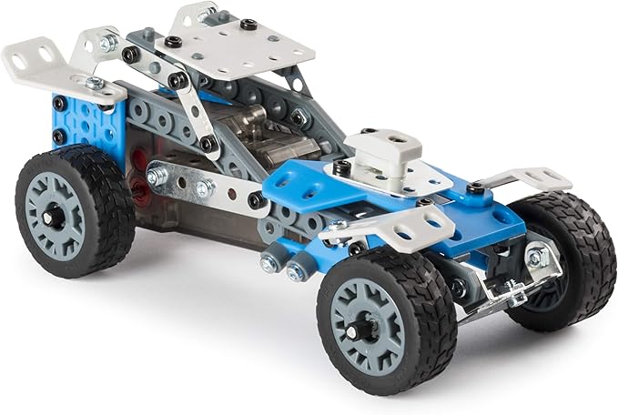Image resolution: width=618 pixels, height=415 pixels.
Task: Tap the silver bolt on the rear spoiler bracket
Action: (93, 83)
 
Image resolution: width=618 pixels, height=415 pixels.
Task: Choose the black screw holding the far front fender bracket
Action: (475, 188)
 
